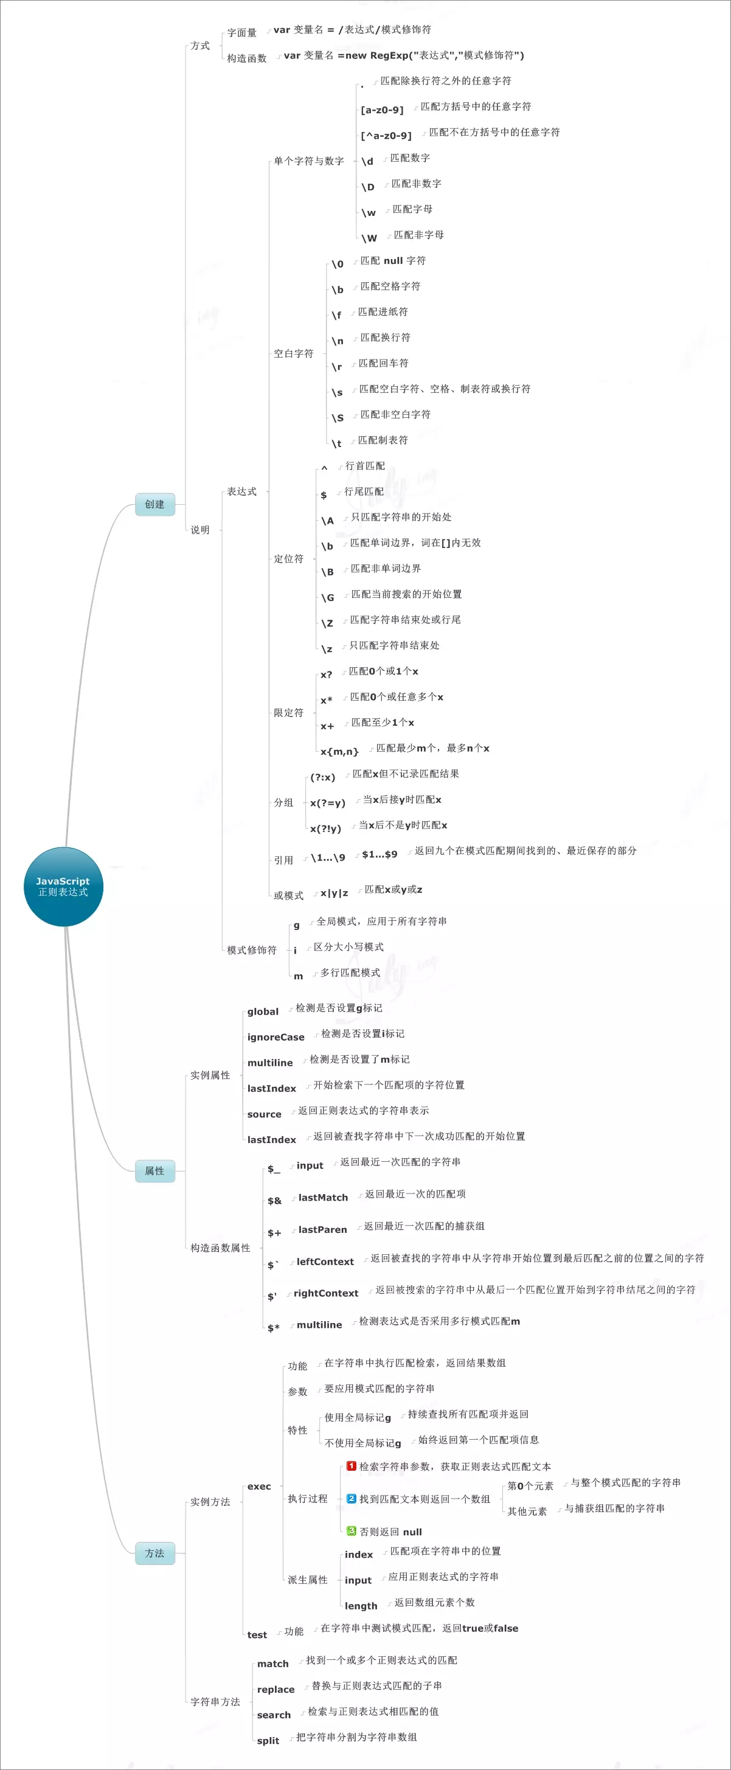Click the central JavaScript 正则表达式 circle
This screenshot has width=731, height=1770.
pos(63,886)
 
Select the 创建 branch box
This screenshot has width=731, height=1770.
pos(154,504)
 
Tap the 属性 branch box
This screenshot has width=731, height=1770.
pos(154,1171)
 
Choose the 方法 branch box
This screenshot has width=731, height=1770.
pos(154,1553)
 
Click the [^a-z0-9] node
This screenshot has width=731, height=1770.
pos(386,136)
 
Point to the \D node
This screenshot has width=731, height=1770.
pos(369,187)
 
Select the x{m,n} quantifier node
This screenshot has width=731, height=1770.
pos(339,752)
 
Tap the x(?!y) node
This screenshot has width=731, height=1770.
pos(325,828)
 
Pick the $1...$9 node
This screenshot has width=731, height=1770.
pos(379,854)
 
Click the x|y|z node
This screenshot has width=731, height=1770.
pos(334,894)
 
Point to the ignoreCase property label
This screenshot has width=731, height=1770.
pos(275,1037)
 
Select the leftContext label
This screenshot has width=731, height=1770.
pos(325,1262)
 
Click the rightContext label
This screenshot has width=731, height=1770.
pos(325,1293)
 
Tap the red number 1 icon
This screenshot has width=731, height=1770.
pos(351,1466)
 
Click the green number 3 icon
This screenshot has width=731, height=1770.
pos(351,1531)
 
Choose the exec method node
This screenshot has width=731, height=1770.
pos(259,1486)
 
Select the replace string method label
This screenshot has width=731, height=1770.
pos(275,1690)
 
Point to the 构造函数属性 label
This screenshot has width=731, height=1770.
pos(220,1248)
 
